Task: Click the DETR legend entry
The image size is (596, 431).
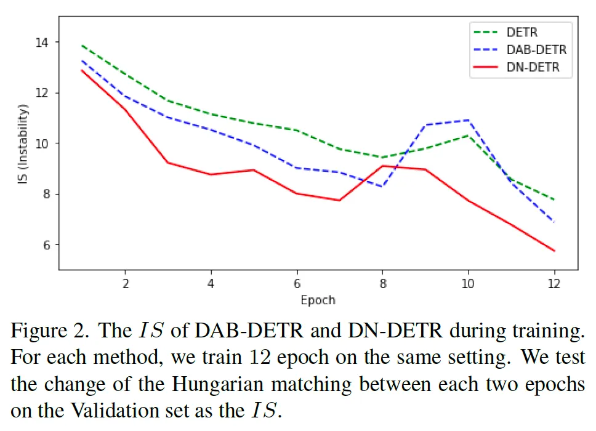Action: click(x=521, y=32)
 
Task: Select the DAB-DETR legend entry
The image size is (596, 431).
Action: click(x=536, y=50)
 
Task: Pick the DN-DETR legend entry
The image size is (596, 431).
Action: click(x=533, y=67)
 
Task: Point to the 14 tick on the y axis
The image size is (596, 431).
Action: click(x=43, y=42)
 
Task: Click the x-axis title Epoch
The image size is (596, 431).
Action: click(x=318, y=300)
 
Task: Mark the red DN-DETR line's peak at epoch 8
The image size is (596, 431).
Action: click(x=382, y=166)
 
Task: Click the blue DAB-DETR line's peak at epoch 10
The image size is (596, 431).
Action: click(x=468, y=120)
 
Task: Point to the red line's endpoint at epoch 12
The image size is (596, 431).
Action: click(x=554, y=251)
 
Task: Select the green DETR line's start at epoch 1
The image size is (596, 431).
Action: click(x=82, y=45)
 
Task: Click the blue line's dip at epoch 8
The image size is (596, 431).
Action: click(x=382, y=186)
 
